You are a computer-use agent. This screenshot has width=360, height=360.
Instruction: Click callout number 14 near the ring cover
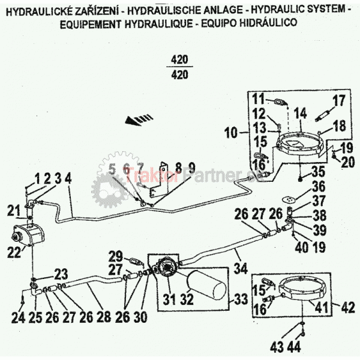[x=300, y=113]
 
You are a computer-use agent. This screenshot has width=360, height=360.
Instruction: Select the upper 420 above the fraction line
[x=179, y=60]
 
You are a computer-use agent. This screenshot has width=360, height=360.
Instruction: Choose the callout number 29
[x=115, y=255]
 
